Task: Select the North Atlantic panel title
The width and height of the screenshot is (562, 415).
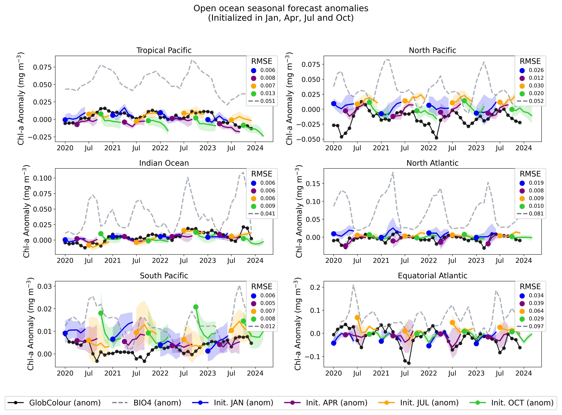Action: tap(432, 163)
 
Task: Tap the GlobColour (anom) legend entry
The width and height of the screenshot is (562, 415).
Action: tap(65, 403)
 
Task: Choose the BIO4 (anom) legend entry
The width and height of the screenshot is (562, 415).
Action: tap(157, 403)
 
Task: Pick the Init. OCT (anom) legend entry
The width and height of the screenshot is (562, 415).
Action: tap(522, 403)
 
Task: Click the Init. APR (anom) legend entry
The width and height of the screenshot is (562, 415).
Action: tap(337, 403)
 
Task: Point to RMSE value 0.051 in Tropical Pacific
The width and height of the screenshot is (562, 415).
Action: tap(268, 101)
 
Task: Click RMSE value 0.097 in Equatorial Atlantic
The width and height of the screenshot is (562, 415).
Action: tap(536, 326)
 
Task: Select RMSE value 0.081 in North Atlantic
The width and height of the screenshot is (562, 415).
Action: tap(536, 214)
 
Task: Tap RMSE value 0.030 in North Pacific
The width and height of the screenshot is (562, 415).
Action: tap(536, 86)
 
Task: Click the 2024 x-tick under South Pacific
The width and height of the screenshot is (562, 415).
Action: tap(255, 373)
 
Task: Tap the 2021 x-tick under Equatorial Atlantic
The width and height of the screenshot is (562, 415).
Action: tap(381, 373)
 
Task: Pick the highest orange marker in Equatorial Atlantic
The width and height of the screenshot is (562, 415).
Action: tap(357, 318)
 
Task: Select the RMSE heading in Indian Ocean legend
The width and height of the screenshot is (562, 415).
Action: tap(262, 174)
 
